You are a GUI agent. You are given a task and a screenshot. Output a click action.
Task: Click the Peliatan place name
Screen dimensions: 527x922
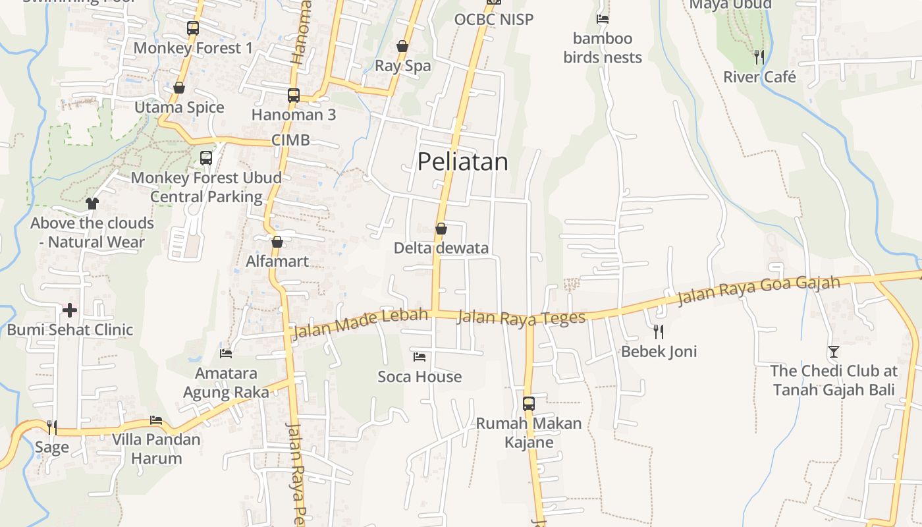pos(462,161)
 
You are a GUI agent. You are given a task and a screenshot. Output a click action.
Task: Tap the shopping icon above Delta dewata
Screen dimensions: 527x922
pos(441,229)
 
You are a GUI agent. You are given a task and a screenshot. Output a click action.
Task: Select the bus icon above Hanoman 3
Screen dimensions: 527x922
pos(294,96)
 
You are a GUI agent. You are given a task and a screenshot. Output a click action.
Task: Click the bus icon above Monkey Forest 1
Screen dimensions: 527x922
pos(192,28)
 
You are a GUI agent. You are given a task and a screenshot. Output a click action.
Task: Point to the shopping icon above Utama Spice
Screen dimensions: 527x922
pos(179,88)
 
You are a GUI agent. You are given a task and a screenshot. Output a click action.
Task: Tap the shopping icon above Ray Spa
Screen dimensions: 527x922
pos(402,46)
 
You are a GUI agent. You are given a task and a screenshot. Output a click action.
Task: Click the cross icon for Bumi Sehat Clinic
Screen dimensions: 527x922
pos(70,310)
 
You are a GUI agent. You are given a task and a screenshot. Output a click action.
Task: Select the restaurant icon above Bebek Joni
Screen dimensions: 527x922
pos(658,331)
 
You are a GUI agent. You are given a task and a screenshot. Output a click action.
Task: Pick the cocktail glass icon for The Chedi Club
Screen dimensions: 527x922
pos(834,352)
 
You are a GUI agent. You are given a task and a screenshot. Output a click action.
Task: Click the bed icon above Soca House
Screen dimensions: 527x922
pos(420,357)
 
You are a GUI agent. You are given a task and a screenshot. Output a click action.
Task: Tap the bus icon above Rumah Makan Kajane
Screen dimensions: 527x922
pos(529,403)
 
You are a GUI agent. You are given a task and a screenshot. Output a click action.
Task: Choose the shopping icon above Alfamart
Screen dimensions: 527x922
pos(277,242)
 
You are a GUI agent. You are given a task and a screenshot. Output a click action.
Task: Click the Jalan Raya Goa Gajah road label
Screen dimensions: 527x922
pos(759,291)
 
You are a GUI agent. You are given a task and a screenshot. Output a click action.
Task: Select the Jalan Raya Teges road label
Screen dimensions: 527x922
pos(521,318)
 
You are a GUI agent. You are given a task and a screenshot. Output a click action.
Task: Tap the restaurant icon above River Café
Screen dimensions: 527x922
pos(759,57)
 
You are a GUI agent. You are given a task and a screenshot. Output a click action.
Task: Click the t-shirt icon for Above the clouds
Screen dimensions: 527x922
pos(92,204)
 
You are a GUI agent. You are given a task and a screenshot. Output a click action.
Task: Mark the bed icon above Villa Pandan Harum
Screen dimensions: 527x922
pos(156,420)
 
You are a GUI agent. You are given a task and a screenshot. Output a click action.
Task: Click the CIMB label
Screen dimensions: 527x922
pos(290,140)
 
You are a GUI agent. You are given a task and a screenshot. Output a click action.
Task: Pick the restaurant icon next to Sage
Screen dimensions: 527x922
pos(52,428)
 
